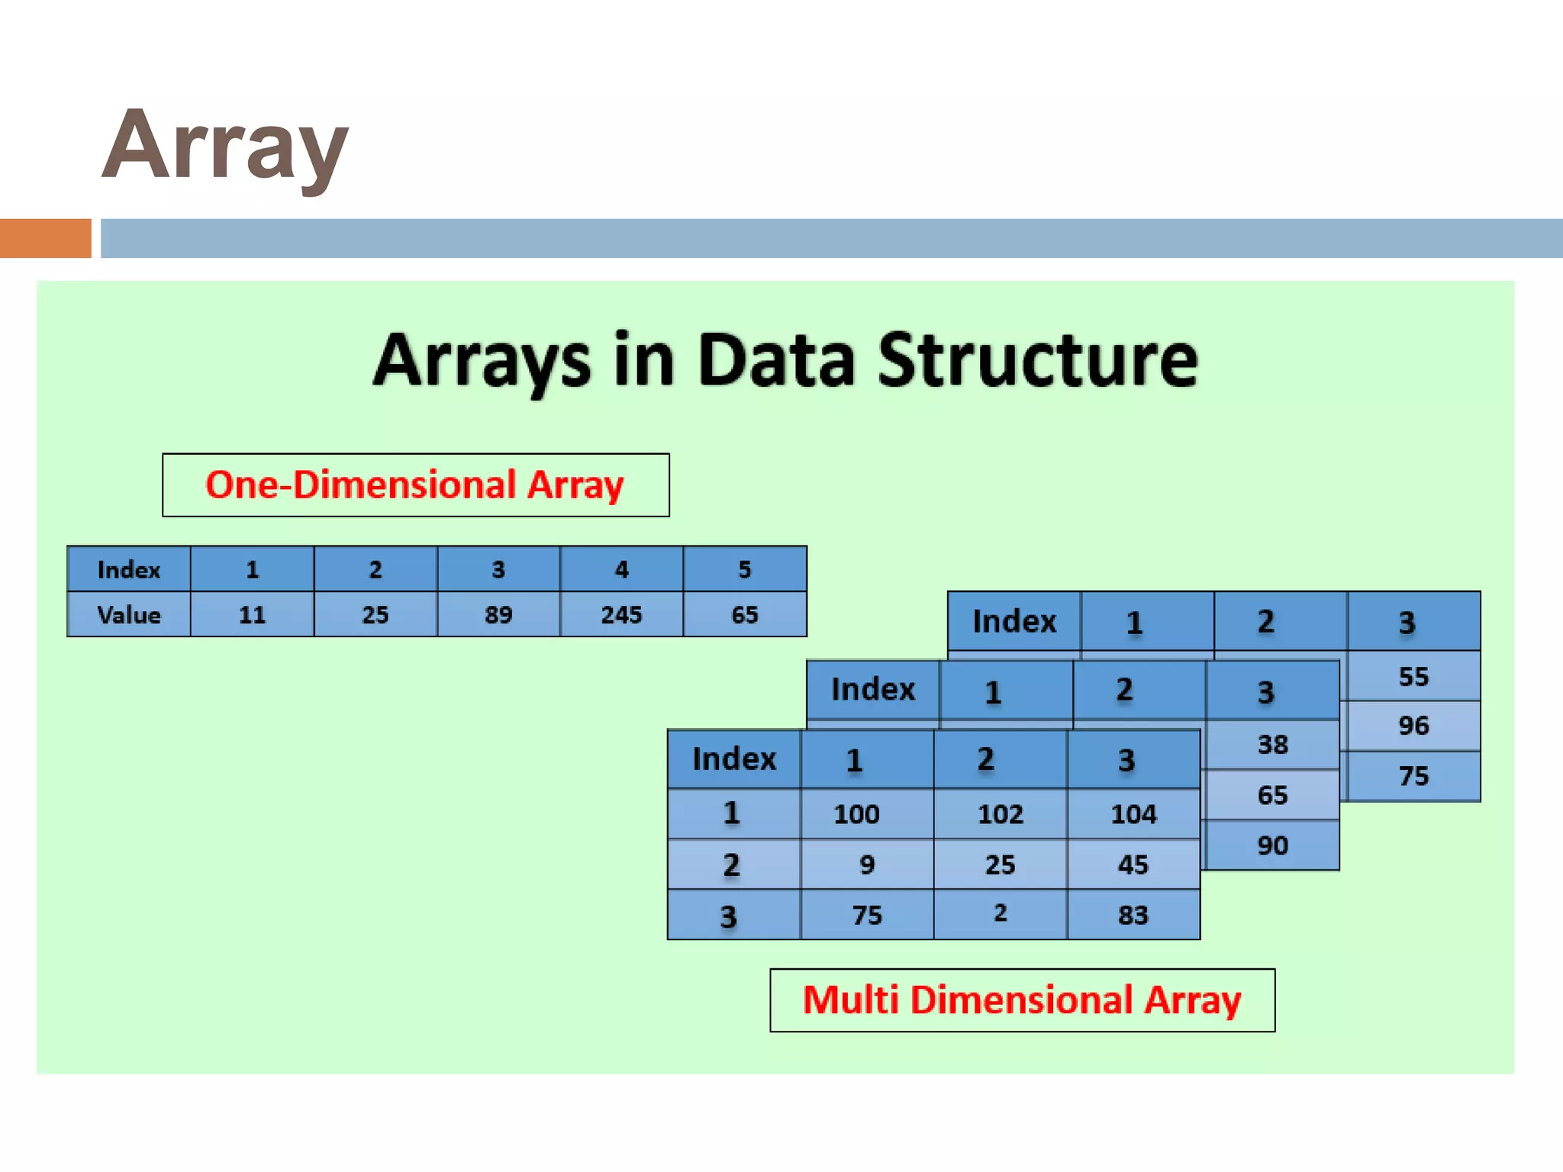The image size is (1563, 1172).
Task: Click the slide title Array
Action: click(225, 146)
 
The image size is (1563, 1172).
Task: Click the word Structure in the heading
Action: click(1037, 360)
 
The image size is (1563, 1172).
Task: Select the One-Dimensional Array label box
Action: click(415, 485)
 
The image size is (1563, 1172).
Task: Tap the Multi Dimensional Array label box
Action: click(1022, 1000)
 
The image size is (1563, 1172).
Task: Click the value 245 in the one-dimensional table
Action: click(621, 615)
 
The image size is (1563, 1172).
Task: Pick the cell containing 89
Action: click(498, 615)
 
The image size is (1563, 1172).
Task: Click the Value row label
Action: click(129, 615)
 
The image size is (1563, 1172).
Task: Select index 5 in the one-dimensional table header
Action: click(745, 569)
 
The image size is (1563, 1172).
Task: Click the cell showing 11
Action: click(252, 615)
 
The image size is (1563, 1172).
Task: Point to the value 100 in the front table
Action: click(856, 814)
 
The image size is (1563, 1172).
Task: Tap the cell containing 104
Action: click(1133, 814)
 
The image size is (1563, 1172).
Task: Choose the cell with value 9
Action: click(867, 865)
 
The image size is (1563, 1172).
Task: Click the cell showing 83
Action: click(1133, 915)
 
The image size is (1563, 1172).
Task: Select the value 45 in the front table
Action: click(1133, 865)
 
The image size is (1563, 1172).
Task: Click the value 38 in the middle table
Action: click(1272, 745)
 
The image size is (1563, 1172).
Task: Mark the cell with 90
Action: click(1272, 845)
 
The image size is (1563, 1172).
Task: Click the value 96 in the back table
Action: click(1413, 726)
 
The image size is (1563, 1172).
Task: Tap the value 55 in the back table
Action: click(1413, 677)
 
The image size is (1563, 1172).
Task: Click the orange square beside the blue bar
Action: click(45, 238)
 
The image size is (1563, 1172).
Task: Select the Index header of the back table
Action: click(1014, 622)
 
